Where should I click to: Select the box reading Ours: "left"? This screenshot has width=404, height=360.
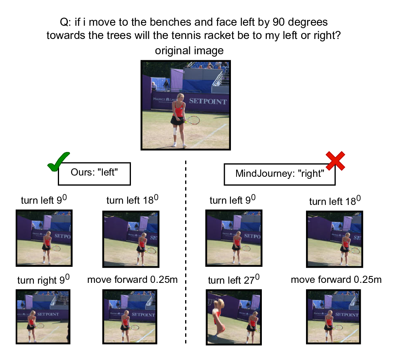tap(95, 173)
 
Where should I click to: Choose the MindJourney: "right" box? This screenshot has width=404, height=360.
tap(279, 174)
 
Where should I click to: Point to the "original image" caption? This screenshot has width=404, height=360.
tap(189, 51)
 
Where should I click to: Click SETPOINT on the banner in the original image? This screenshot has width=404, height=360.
tap(208, 101)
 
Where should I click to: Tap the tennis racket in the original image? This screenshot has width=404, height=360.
tap(192, 120)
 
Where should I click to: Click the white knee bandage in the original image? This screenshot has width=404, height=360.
tap(175, 131)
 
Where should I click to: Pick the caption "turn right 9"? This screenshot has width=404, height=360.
tap(43, 280)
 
